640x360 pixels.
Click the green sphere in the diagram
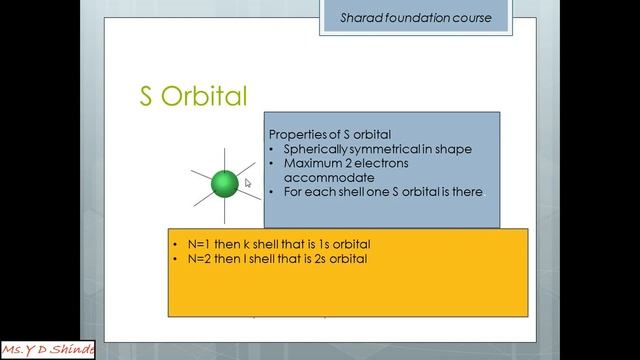coord(225,183)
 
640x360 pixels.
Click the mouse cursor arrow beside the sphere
coord(247,183)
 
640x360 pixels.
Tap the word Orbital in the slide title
coord(203,95)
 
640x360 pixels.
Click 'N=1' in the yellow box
coord(190,244)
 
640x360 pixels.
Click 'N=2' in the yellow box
coord(190,258)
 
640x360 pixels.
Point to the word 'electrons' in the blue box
coord(382,163)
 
